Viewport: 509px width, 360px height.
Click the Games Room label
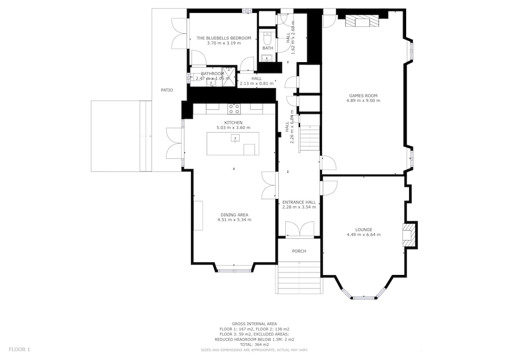tap(363, 95)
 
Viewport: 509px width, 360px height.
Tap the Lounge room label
tap(363, 230)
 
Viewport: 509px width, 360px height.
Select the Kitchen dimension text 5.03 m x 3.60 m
tap(233, 128)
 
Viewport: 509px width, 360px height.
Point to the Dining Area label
tap(234, 215)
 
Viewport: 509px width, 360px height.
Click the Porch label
tap(299, 251)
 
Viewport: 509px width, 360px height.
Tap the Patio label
tap(167, 90)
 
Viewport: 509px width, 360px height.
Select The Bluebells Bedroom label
tap(224, 38)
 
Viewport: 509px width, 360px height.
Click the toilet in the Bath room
tap(267, 38)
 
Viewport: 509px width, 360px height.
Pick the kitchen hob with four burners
tap(234, 108)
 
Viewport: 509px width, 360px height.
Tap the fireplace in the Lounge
tap(408, 234)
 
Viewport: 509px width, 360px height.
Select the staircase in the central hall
tap(311, 138)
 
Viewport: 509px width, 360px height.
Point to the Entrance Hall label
tap(299, 202)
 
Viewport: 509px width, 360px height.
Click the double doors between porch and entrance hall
tap(300, 230)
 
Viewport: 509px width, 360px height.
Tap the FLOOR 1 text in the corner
tap(19, 350)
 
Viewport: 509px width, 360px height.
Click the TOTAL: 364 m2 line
tap(254, 344)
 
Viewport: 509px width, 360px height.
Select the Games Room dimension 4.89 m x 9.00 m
tap(363, 101)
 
